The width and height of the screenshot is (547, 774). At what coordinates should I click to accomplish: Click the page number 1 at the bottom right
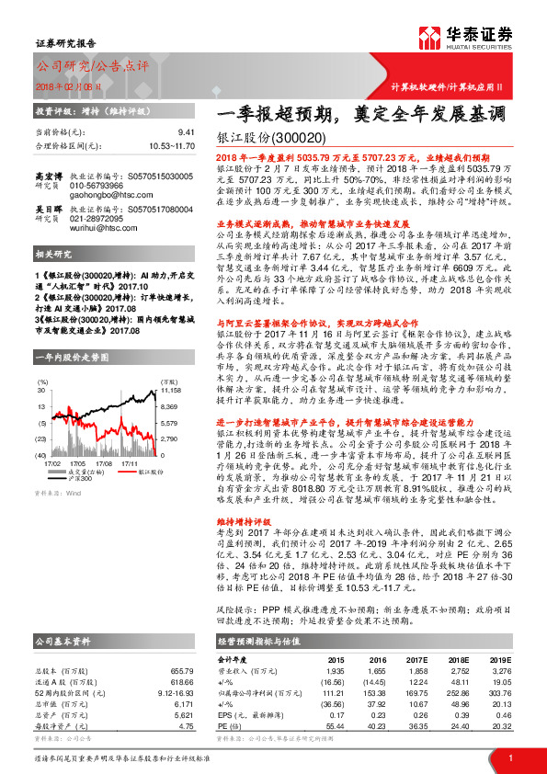click(x=509, y=758)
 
